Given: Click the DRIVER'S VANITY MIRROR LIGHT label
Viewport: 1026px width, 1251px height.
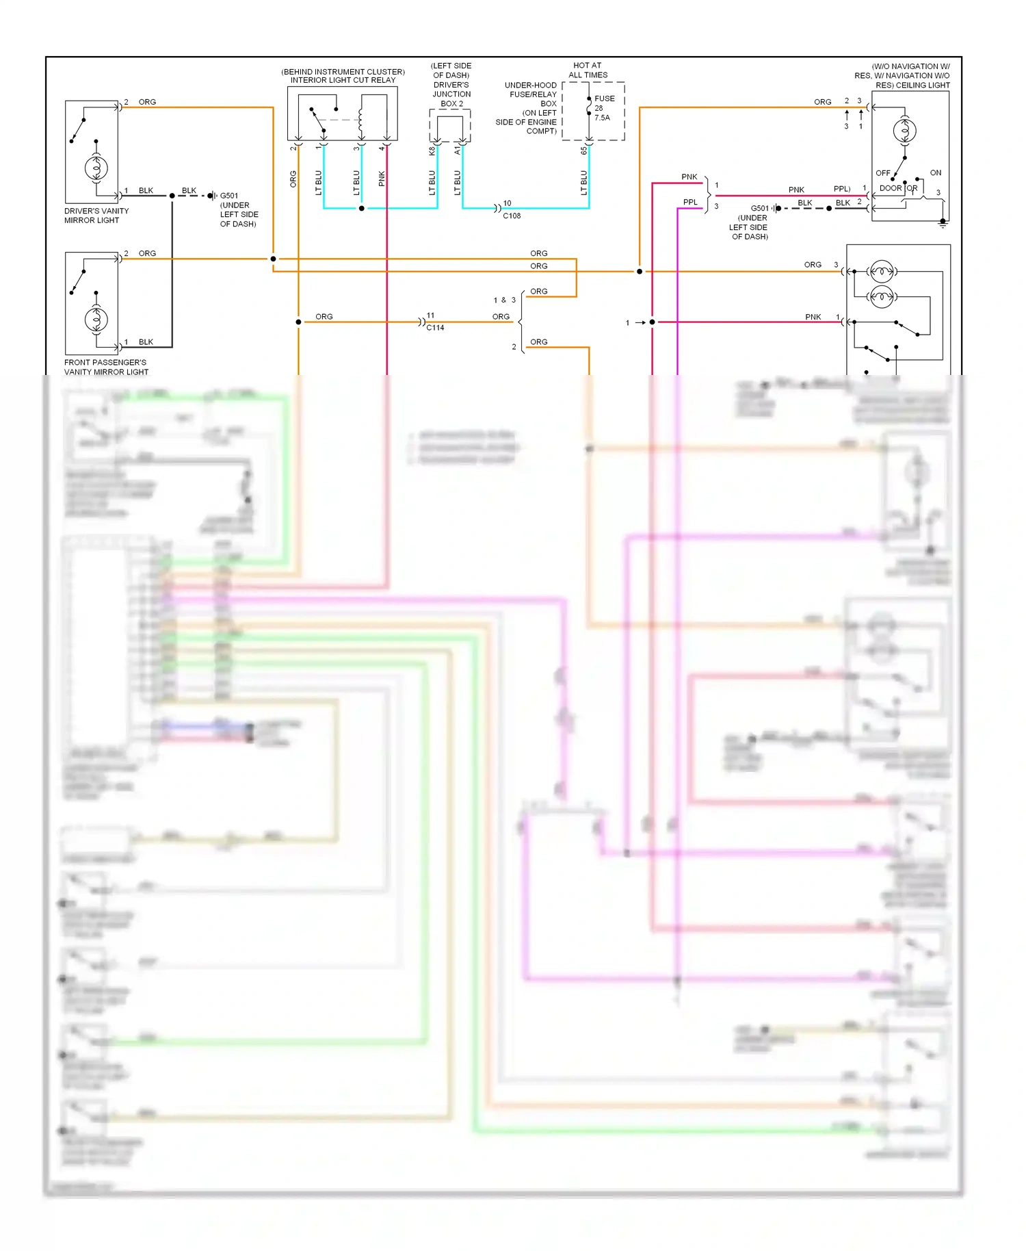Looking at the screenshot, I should (96, 216).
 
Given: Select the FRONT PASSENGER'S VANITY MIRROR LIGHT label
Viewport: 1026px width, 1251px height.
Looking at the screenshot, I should (106, 367).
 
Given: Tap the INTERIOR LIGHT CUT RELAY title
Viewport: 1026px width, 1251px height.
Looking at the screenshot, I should (343, 80).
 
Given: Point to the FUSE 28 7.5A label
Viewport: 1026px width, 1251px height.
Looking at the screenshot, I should (603, 108).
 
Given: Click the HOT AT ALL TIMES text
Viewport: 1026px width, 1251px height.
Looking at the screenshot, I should (588, 70).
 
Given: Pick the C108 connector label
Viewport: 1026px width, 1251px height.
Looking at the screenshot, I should (512, 216).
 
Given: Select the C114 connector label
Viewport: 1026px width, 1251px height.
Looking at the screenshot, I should (435, 328).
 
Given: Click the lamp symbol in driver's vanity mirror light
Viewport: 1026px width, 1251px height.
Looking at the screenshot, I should (96, 168).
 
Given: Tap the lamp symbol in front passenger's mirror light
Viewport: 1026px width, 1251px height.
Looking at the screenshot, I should (96, 319).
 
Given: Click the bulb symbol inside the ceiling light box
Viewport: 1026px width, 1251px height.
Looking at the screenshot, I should (904, 131).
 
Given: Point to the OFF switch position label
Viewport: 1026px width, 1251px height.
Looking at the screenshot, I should (882, 173).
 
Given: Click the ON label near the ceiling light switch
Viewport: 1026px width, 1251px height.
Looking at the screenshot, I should (935, 172).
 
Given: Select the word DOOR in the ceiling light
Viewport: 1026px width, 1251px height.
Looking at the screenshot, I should (890, 188).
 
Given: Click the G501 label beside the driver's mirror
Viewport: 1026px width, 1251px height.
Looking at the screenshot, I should (229, 196).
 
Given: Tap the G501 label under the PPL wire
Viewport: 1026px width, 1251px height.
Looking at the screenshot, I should (759, 209).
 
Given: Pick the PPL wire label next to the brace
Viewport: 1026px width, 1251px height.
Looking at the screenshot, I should (690, 202).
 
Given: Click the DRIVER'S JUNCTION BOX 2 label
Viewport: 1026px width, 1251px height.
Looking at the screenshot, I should (451, 94).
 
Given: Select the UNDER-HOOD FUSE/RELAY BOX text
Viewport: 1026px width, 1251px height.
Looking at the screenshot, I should (531, 94).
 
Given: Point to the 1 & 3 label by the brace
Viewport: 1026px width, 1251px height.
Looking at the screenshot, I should (505, 300).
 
